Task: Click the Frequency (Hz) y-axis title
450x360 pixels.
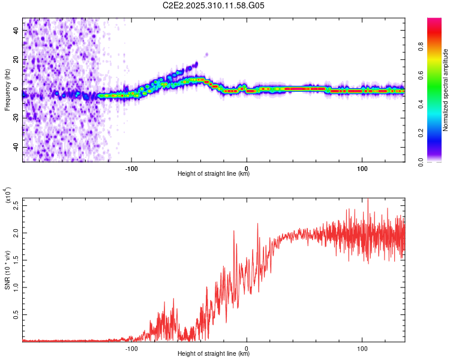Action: (8, 90)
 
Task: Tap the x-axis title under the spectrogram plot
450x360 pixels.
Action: (214, 174)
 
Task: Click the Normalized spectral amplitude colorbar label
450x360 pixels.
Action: (446, 90)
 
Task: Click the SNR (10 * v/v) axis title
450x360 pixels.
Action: (8, 269)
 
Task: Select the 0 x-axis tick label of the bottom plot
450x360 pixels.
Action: (247, 348)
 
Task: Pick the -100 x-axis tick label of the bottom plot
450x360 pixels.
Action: (131, 348)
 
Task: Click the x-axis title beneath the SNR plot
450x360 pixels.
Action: (214, 354)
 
